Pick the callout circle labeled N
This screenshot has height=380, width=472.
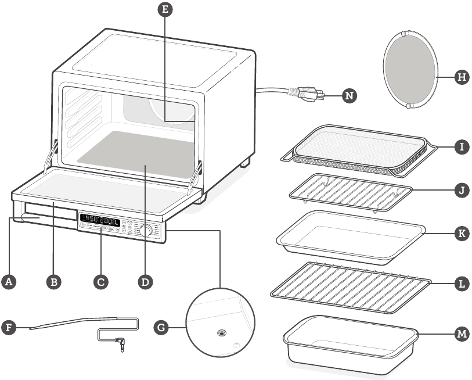coord(348,95)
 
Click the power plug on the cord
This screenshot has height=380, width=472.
coord(308,94)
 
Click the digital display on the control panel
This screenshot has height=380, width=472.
coord(100,221)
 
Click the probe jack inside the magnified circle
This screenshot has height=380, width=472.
coord(221,334)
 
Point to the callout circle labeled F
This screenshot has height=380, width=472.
coord(8,327)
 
